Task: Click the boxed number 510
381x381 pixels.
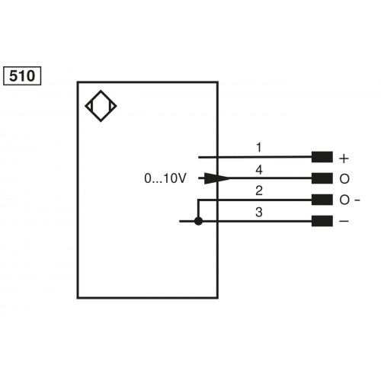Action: [23, 76]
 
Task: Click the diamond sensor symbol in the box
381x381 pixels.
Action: [102, 108]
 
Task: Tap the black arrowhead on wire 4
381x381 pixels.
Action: [216, 179]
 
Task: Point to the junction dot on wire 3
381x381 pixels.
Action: [198, 222]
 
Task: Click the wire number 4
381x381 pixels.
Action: [259, 169]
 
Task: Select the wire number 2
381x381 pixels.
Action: [259, 190]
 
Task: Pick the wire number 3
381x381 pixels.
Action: [259, 212]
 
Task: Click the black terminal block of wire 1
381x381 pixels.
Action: [322, 158]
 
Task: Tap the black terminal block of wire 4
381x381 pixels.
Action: [322, 179]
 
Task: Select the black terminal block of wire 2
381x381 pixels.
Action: [322, 200]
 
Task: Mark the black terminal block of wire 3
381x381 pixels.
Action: [322, 222]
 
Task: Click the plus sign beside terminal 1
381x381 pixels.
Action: [344, 158]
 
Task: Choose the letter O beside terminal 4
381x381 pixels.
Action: [344, 179]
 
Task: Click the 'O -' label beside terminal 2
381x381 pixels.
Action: [348, 200]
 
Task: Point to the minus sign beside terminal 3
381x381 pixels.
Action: [344, 222]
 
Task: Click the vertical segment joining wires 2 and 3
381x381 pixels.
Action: [198, 210]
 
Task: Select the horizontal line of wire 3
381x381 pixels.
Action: [259, 222]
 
